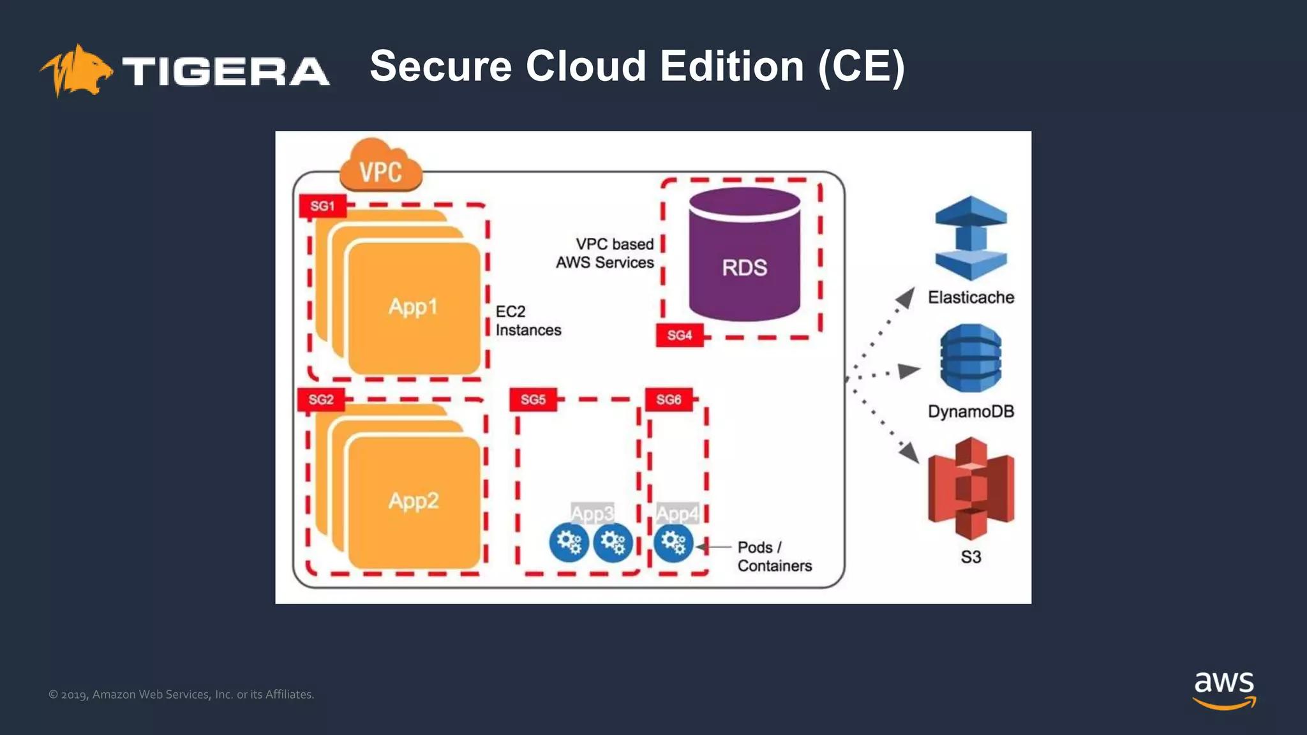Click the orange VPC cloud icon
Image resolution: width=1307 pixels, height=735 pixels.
[380, 167]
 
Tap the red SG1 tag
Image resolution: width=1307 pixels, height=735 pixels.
[322, 206]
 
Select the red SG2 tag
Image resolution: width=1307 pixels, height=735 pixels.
[321, 399]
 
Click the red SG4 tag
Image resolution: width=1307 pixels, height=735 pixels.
[679, 335]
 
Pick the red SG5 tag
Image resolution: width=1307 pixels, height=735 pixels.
[533, 399]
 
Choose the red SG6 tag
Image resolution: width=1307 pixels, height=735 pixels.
[668, 399]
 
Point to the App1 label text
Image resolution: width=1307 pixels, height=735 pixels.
[413, 307]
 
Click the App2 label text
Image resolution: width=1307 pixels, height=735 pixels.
[414, 501]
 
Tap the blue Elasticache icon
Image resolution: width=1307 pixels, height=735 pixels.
[971, 238]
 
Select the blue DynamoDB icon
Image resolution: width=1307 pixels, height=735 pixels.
[971, 358]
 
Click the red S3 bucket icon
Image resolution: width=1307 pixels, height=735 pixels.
[971, 488]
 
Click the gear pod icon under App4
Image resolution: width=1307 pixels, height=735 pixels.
[673, 543]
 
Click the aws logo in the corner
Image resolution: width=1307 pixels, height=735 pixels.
[1224, 689]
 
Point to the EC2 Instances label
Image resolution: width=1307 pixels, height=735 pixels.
[527, 321]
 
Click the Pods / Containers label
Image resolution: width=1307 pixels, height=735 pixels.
[773, 556]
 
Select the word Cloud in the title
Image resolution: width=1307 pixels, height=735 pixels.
[586, 66]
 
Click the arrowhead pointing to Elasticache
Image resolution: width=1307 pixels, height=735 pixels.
[906, 296]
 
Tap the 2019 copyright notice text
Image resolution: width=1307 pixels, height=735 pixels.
[181, 694]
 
